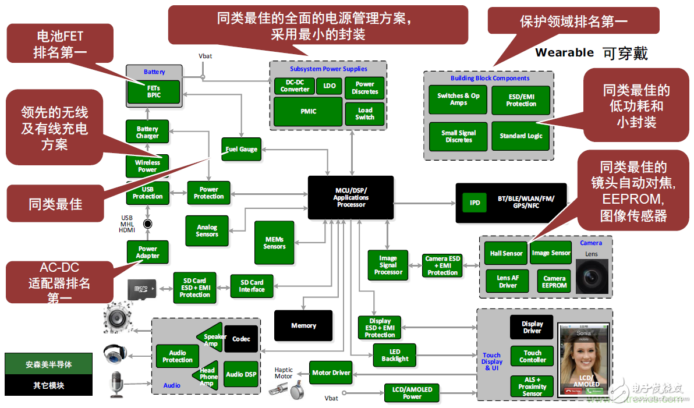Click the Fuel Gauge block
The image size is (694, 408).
(x=241, y=149)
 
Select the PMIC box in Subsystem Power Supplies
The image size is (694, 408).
(x=308, y=111)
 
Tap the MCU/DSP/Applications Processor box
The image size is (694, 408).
(x=350, y=198)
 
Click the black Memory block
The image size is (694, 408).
(x=303, y=325)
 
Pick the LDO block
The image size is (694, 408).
(x=329, y=86)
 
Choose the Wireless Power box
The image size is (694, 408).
(x=147, y=166)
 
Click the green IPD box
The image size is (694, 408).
(x=475, y=203)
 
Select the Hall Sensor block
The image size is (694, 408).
(x=505, y=253)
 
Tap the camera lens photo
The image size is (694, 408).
(x=592, y=276)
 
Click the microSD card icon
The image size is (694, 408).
(x=142, y=288)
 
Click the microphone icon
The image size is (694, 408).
(x=116, y=384)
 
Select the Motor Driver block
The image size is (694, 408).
(x=331, y=372)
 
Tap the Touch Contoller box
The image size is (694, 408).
(x=532, y=356)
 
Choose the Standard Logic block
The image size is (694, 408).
(x=520, y=136)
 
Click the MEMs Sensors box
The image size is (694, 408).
(x=274, y=243)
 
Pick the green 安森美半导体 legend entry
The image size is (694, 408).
(x=48, y=364)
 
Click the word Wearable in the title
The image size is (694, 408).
(x=564, y=52)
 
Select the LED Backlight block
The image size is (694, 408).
(x=395, y=355)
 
